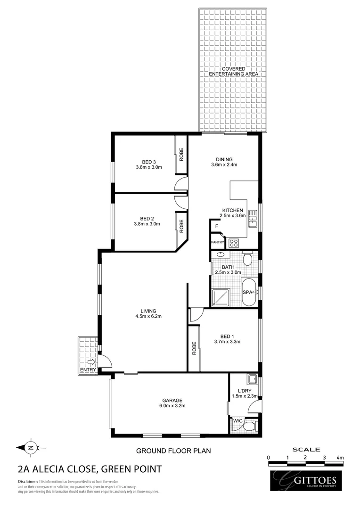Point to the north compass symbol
click(31, 447)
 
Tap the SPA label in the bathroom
click(247, 292)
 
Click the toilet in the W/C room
click(248, 426)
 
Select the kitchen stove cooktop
click(233, 243)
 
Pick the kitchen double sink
click(253, 218)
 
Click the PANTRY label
click(217, 242)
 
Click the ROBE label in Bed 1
click(194, 348)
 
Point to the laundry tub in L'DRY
click(252, 379)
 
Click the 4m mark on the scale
click(340, 457)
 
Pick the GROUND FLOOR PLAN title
click(173, 451)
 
